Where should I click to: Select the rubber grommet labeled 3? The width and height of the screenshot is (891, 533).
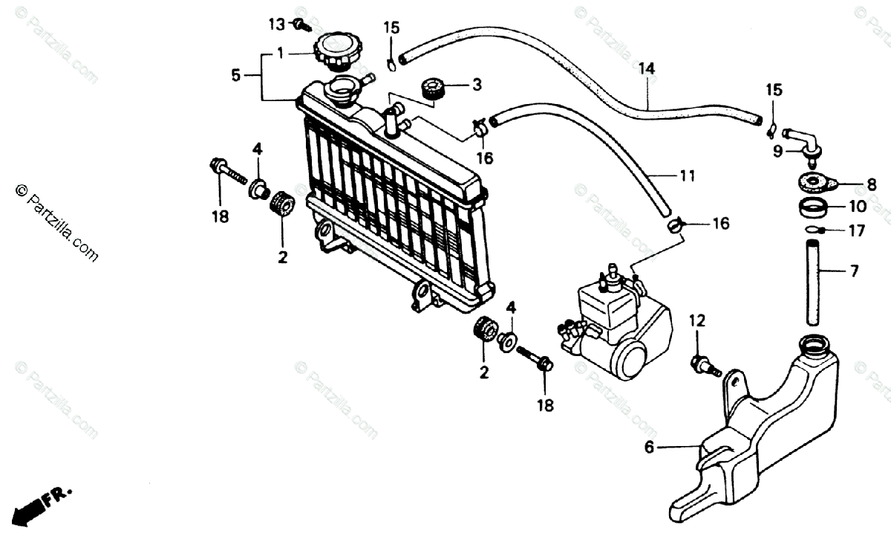(x=432, y=88)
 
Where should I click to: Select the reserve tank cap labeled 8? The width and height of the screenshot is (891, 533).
(x=814, y=181)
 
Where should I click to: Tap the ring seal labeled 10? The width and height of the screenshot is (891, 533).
(x=815, y=206)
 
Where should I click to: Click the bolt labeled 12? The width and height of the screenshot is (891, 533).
(x=703, y=364)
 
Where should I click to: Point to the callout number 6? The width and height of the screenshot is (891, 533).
(x=649, y=448)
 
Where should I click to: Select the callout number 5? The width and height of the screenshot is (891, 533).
(x=236, y=75)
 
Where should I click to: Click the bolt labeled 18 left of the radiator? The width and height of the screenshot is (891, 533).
(x=226, y=171)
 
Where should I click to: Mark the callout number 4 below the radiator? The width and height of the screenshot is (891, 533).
(x=511, y=306)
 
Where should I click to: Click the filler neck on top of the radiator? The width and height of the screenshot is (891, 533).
(x=345, y=91)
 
